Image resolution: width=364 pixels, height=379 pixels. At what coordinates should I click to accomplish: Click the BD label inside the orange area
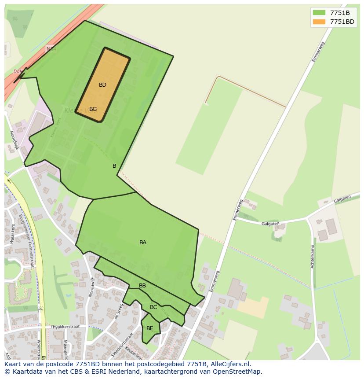[102, 85]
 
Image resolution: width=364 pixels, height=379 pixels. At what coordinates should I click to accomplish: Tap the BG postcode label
[93, 109]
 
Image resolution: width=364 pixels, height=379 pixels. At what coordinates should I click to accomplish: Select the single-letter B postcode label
[114, 166]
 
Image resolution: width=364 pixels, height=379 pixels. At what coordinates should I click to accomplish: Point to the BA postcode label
[143, 243]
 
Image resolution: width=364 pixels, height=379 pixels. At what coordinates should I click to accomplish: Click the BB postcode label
[142, 286]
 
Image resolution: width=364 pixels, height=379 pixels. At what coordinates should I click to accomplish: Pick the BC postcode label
[153, 307]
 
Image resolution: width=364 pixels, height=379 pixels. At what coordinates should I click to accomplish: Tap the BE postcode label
[150, 328]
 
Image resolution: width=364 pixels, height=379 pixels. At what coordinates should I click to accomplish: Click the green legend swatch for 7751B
[319, 13]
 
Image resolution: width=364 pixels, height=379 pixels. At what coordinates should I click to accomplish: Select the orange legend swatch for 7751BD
[319, 22]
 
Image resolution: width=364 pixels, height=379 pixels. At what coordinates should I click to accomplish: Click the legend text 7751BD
[342, 22]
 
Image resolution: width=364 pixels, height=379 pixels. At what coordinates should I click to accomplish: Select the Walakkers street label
[12, 234]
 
